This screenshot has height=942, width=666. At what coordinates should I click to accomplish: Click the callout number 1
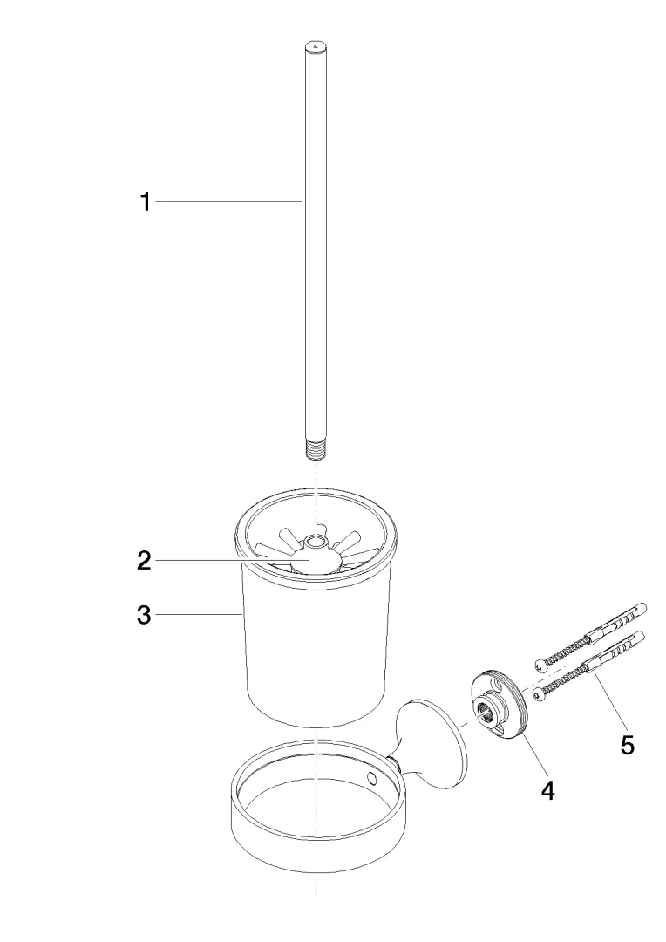146,202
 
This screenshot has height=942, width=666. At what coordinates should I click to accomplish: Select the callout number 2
144,561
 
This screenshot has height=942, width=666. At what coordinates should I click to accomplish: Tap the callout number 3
144,615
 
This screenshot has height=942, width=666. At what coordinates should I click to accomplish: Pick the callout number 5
627,745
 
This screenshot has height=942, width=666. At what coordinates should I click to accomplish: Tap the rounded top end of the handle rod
316,46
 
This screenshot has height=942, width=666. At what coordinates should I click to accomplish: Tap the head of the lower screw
536,694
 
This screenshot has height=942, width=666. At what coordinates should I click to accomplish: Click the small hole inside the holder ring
372,780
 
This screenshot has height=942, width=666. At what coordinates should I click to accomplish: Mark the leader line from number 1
228,202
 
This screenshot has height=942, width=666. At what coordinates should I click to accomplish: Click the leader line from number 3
199,615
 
